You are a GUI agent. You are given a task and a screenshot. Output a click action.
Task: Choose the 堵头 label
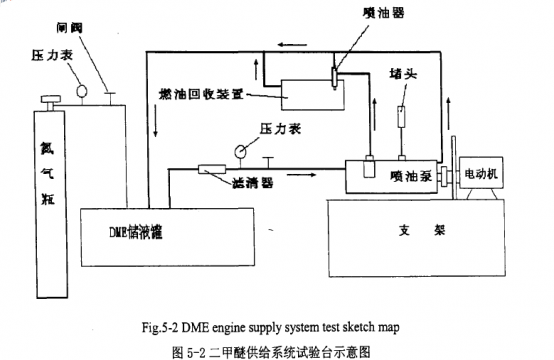click(x=404, y=73)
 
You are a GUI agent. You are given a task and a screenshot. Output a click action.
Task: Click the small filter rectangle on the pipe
click(x=211, y=171)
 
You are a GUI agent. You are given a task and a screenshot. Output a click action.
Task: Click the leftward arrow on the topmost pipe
click(x=289, y=44)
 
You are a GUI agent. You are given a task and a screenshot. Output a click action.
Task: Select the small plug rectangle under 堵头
click(x=404, y=116)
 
